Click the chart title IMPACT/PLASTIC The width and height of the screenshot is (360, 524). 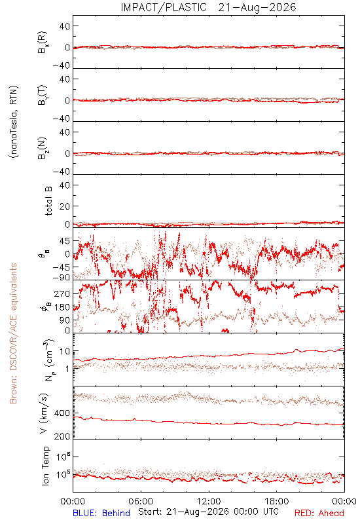pos(164,7)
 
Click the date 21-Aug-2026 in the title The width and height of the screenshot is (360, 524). pos(257,7)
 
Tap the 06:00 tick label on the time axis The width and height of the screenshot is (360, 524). pos(141,501)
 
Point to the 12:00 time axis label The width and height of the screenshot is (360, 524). pos(209,501)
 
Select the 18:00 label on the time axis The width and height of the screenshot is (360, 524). pos(277,501)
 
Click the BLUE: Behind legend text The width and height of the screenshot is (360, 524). pos(101,513)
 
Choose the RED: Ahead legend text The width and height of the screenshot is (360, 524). pos(319,513)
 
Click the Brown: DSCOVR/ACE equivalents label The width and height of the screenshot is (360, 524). pos(13,333)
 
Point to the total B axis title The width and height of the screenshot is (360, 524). pos(48,201)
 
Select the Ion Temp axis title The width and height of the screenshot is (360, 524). pos(45,466)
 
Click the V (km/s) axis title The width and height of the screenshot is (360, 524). pos(44,413)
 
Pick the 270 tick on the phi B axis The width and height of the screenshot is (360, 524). pos(62,293)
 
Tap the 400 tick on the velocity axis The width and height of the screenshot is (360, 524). pos(62,413)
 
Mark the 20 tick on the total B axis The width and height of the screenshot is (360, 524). pos(65,206)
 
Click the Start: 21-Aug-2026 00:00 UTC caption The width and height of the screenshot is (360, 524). pos(209,512)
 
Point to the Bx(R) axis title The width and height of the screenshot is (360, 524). pos(43,43)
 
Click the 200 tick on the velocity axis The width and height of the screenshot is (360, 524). pos(62,436)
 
